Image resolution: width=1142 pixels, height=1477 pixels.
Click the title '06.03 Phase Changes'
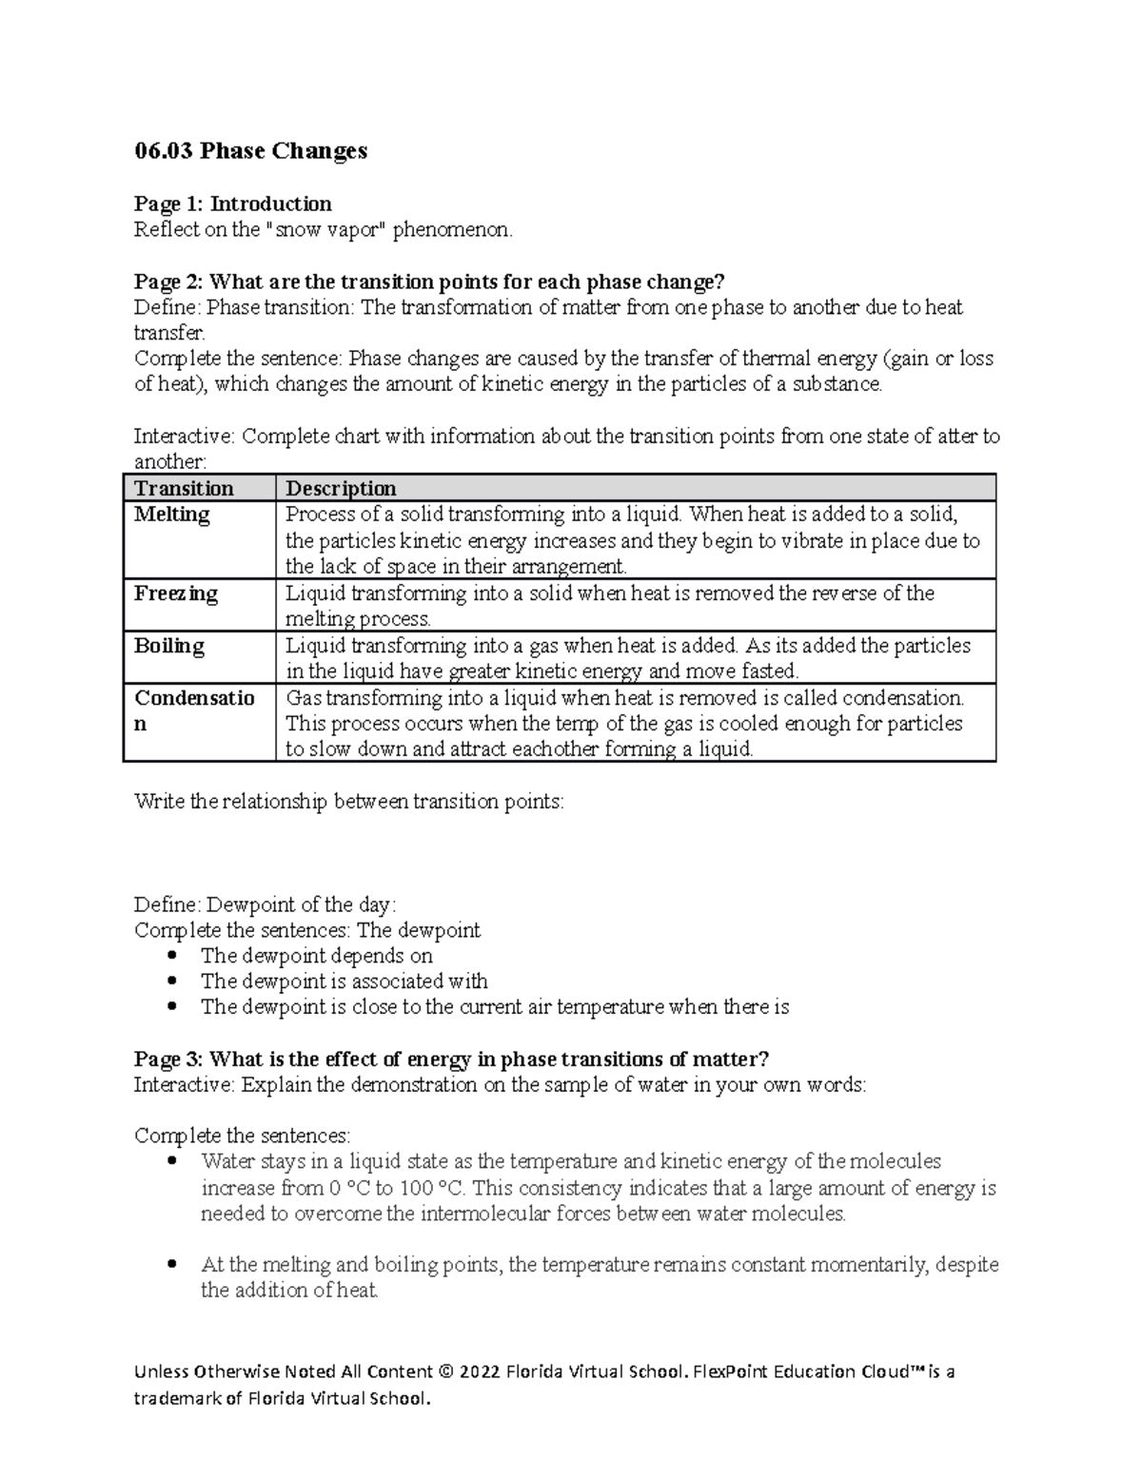[x=250, y=151]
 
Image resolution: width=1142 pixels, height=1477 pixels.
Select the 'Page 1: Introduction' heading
[x=233, y=204]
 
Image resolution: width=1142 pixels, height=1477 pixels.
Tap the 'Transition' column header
[x=184, y=489]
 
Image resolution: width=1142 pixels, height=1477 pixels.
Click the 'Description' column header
[x=341, y=489]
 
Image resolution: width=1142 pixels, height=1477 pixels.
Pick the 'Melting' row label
[x=172, y=515]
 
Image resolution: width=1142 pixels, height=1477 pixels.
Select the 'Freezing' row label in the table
[x=176, y=593]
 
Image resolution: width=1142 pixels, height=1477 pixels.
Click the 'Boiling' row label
[x=169, y=646]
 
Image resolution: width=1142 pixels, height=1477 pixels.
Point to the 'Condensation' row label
[x=194, y=710]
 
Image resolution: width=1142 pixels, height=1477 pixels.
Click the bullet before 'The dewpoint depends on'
[x=171, y=956]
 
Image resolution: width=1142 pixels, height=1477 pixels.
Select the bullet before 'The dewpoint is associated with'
[x=171, y=981]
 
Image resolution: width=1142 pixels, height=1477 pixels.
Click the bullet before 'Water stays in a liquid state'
[x=171, y=1161]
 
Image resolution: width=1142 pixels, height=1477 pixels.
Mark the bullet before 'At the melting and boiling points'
[x=171, y=1265]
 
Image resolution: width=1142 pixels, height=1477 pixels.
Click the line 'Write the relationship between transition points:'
[x=349, y=802]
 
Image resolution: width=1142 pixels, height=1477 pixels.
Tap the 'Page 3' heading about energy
[x=451, y=1059]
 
